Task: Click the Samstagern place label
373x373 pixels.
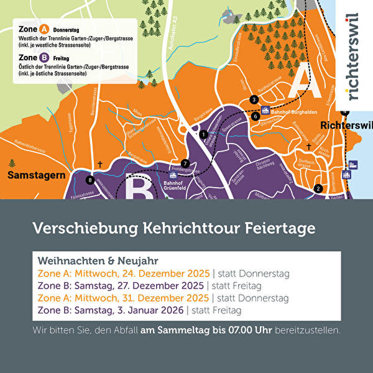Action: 36,176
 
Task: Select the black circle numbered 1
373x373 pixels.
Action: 203,134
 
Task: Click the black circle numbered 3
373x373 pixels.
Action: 253,99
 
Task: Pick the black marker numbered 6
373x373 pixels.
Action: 255,116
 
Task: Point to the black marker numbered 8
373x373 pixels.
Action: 90,180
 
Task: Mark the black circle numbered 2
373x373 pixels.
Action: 318,188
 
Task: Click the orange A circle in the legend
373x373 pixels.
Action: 44,29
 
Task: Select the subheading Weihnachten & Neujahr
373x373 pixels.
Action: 89,260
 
